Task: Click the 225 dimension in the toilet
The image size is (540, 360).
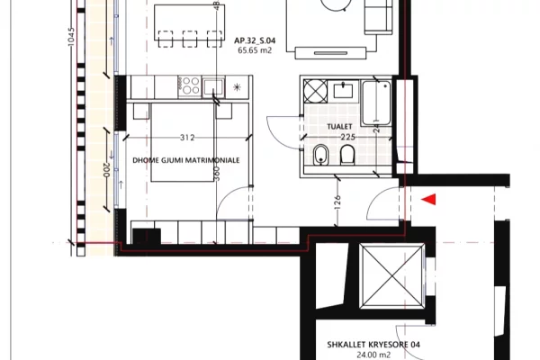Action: click(348, 138)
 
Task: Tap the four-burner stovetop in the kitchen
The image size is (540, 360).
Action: click(191, 86)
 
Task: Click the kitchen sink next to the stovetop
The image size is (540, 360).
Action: click(213, 86)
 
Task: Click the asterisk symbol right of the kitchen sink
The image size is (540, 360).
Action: click(237, 86)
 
